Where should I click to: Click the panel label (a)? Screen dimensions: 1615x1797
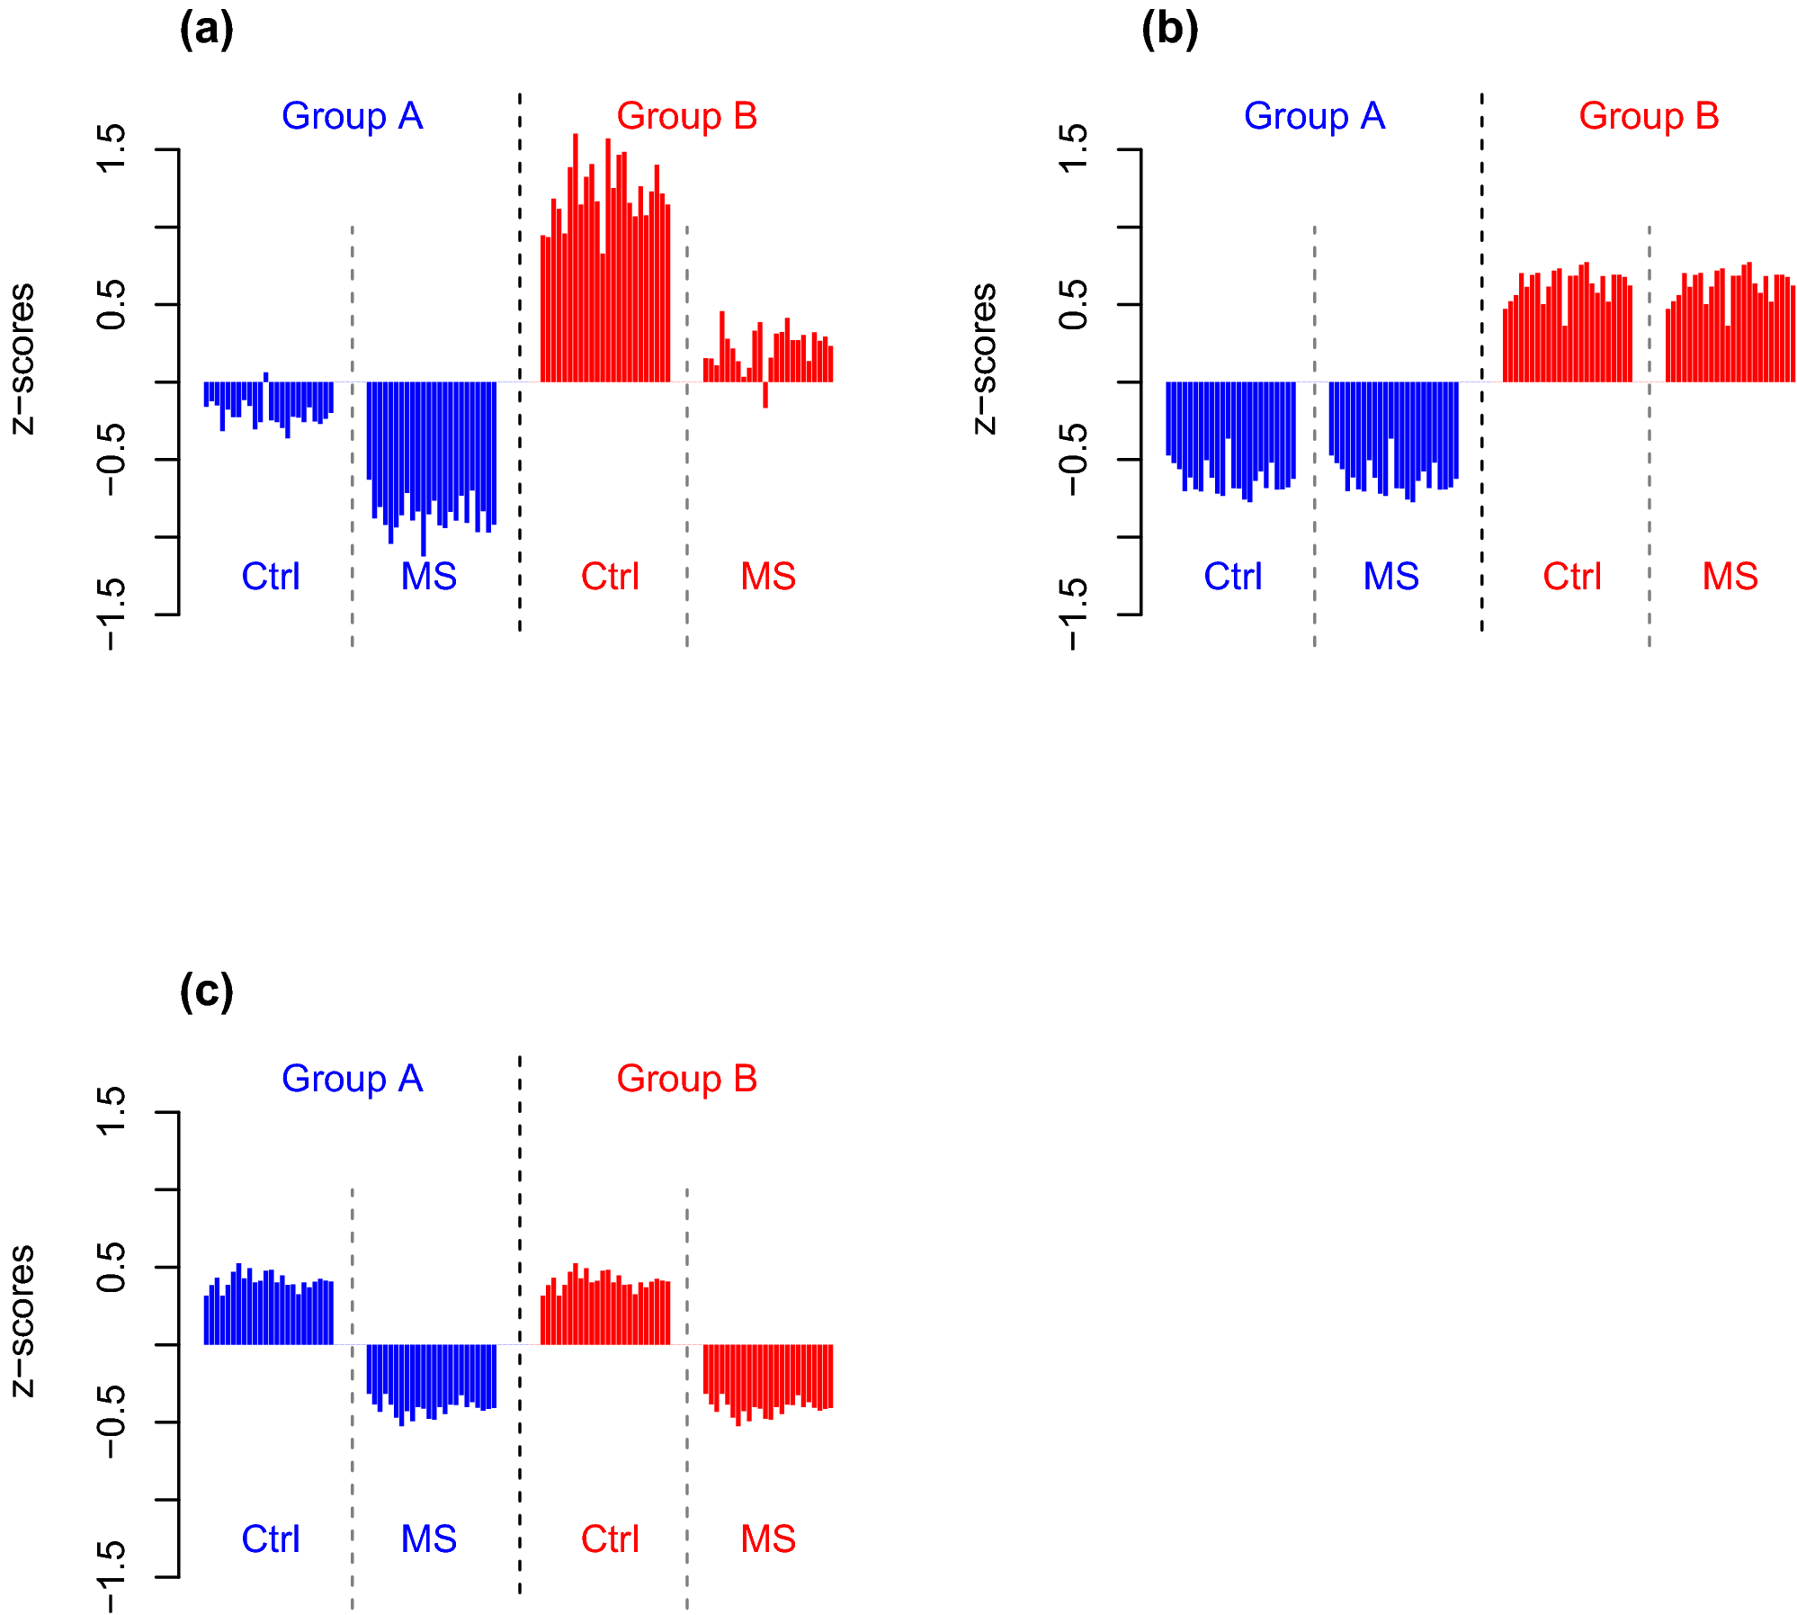(206, 30)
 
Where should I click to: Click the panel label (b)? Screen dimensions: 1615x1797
(1168, 30)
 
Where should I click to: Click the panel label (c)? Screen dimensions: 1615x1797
(206, 991)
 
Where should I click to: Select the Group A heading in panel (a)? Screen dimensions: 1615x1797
(352, 116)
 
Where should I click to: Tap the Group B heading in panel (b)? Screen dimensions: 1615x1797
(1649, 116)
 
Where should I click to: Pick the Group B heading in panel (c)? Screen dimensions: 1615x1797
(686, 1079)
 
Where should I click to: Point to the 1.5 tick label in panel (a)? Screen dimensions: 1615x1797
(112, 149)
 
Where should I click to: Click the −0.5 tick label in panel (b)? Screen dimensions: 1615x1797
(1074, 459)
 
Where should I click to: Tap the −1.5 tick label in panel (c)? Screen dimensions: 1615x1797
(112, 1576)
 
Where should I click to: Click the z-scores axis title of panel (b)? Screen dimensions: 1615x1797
(985, 358)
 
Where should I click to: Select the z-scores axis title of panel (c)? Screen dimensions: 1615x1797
(22, 1321)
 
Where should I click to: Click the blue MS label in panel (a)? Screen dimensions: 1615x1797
(428, 577)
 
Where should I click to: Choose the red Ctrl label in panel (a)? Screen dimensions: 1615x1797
(610, 577)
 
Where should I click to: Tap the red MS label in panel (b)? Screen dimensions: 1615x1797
(1730, 577)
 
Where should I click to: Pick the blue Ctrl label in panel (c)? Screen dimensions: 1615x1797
(270, 1539)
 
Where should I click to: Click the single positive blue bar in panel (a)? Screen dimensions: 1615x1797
(265, 377)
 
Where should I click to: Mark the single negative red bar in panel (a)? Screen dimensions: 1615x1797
(765, 395)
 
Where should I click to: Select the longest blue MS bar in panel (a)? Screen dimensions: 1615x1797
(423, 468)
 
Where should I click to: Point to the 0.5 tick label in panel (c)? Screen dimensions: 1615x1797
(112, 1267)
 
